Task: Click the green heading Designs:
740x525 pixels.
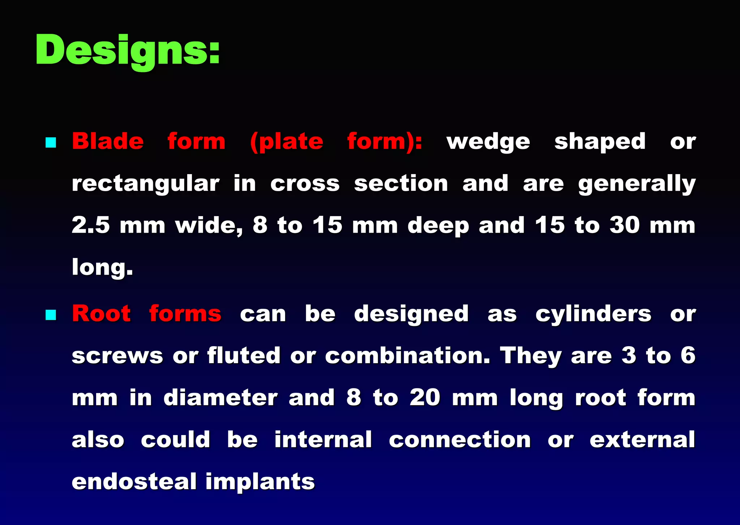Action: pos(128,51)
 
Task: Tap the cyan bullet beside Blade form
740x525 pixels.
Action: pos(51,142)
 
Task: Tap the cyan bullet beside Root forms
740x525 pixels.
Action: pos(51,315)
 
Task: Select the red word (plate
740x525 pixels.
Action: pos(287,141)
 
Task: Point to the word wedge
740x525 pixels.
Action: pos(488,142)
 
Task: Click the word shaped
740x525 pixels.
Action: pos(600,142)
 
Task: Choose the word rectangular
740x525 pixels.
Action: pos(146,184)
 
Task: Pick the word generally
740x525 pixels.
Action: pos(637,184)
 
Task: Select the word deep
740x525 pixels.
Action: pos(438,226)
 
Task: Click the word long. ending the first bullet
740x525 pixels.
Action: pos(102,268)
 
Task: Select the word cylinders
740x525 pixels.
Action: pos(593,314)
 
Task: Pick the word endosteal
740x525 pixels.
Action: pos(134,482)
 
